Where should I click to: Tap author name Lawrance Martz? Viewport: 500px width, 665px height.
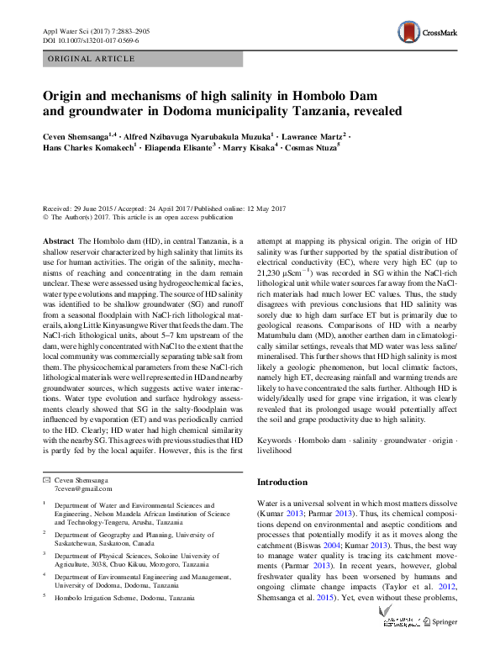coord(314,135)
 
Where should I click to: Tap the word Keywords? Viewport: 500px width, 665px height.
coord(276,439)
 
